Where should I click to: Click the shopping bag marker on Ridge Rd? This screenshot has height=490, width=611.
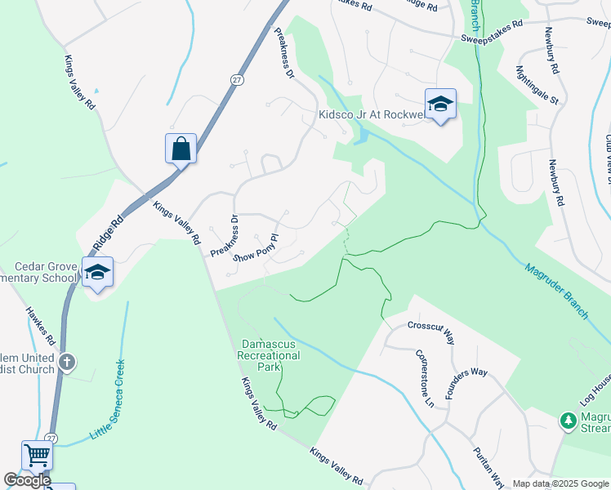pyautogui.click(x=181, y=149)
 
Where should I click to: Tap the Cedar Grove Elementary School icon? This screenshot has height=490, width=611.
pyautogui.click(x=97, y=272)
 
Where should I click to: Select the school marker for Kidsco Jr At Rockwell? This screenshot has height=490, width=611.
pyautogui.click(x=440, y=104)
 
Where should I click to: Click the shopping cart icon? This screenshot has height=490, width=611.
pyautogui.click(x=37, y=456)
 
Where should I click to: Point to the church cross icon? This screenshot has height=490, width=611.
pyautogui.click(x=67, y=360)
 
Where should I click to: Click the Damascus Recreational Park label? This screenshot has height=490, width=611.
pyautogui.click(x=269, y=356)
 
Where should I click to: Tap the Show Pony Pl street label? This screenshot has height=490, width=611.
pyautogui.click(x=256, y=248)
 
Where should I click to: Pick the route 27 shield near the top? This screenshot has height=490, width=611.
pyautogui.click(x=236, y=79)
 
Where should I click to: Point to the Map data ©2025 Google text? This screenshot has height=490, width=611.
pyautogui.click(x=560, y=483)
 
